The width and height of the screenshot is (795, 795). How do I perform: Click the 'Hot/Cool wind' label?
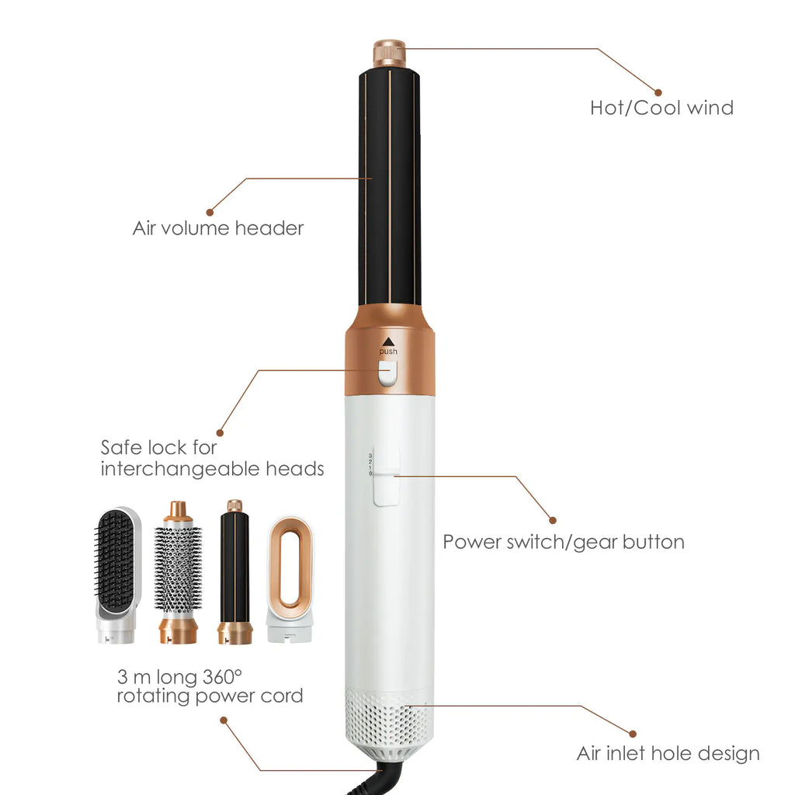point(661,107)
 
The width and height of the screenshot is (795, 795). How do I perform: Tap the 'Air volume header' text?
point(217,228)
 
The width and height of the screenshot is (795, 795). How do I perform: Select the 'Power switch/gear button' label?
point(564,541)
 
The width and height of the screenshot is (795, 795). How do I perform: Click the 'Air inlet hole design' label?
point(668,753)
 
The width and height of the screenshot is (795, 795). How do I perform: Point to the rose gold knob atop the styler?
point(389,54)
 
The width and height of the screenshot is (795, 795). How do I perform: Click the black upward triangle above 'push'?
point(388,340)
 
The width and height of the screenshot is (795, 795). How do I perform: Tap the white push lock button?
point(387,376)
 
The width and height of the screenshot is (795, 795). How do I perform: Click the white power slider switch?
point(386,485)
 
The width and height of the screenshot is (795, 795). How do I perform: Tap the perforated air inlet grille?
point(388,718)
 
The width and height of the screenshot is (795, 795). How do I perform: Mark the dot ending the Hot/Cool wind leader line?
point(658,92)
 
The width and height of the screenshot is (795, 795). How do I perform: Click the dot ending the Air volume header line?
point(210,211)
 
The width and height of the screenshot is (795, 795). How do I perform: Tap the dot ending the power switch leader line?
point(553,519)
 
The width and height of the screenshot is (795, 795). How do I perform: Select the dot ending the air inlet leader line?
point(633,733)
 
